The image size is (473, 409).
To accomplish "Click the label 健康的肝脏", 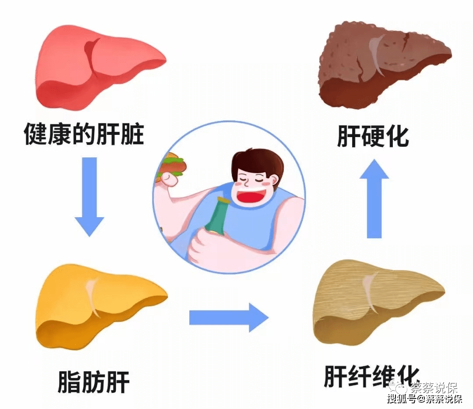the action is [84, 134].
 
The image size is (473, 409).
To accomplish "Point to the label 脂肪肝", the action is [94, 381].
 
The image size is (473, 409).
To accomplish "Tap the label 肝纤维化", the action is [372, 376].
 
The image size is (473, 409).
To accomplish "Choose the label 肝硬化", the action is [373, 136].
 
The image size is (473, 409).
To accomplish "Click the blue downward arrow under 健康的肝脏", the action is [89, 197].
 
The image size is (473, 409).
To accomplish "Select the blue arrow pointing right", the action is [229, 317].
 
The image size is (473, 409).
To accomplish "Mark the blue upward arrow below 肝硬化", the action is [374, 198].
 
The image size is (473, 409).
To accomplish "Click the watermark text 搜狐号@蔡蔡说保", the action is [424, 399].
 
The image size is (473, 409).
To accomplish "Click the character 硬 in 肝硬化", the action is [373, 136].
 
